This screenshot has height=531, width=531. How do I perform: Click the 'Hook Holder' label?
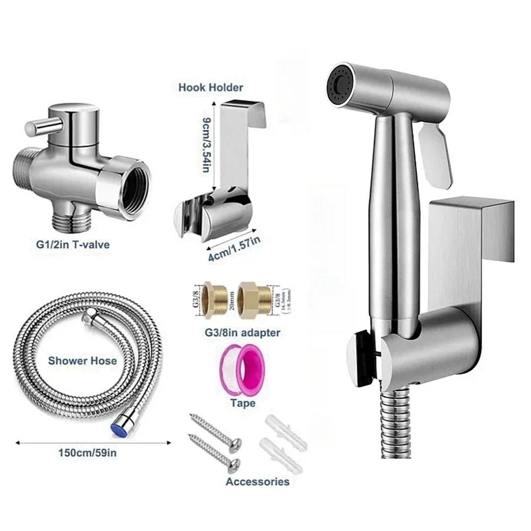[x=211, y=88]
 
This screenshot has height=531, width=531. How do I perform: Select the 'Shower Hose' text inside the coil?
[x=82, y=361]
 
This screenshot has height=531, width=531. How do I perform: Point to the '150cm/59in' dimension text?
[x=88, y=452]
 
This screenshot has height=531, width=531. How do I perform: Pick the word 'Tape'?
[x=243, y=403]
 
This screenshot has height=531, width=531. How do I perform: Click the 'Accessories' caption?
[x=258, y=482]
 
